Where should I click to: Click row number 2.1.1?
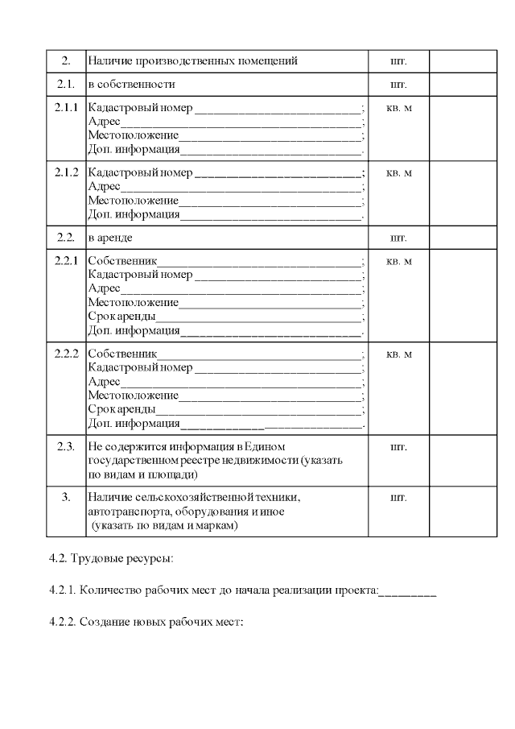[x=66, y=108]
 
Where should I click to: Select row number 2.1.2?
[x=66, y=172]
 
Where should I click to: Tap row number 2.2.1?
[x=66, y=261]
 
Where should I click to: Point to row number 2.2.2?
[x=66, y=354]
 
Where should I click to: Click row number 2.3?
[x=66, y=446]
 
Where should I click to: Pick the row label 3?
[x=66, y=497]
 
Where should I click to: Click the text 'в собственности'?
[x=132, y=84]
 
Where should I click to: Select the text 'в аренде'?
[x=110, y=238]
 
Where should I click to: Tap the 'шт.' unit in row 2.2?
[x=398, y=238]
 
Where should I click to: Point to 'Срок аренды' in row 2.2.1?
[x=122, y=317]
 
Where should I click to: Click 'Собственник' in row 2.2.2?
[x=123, y=354]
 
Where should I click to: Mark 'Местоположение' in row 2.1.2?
[x=134, y=201]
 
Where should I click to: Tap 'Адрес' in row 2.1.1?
[x=105, y=122]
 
